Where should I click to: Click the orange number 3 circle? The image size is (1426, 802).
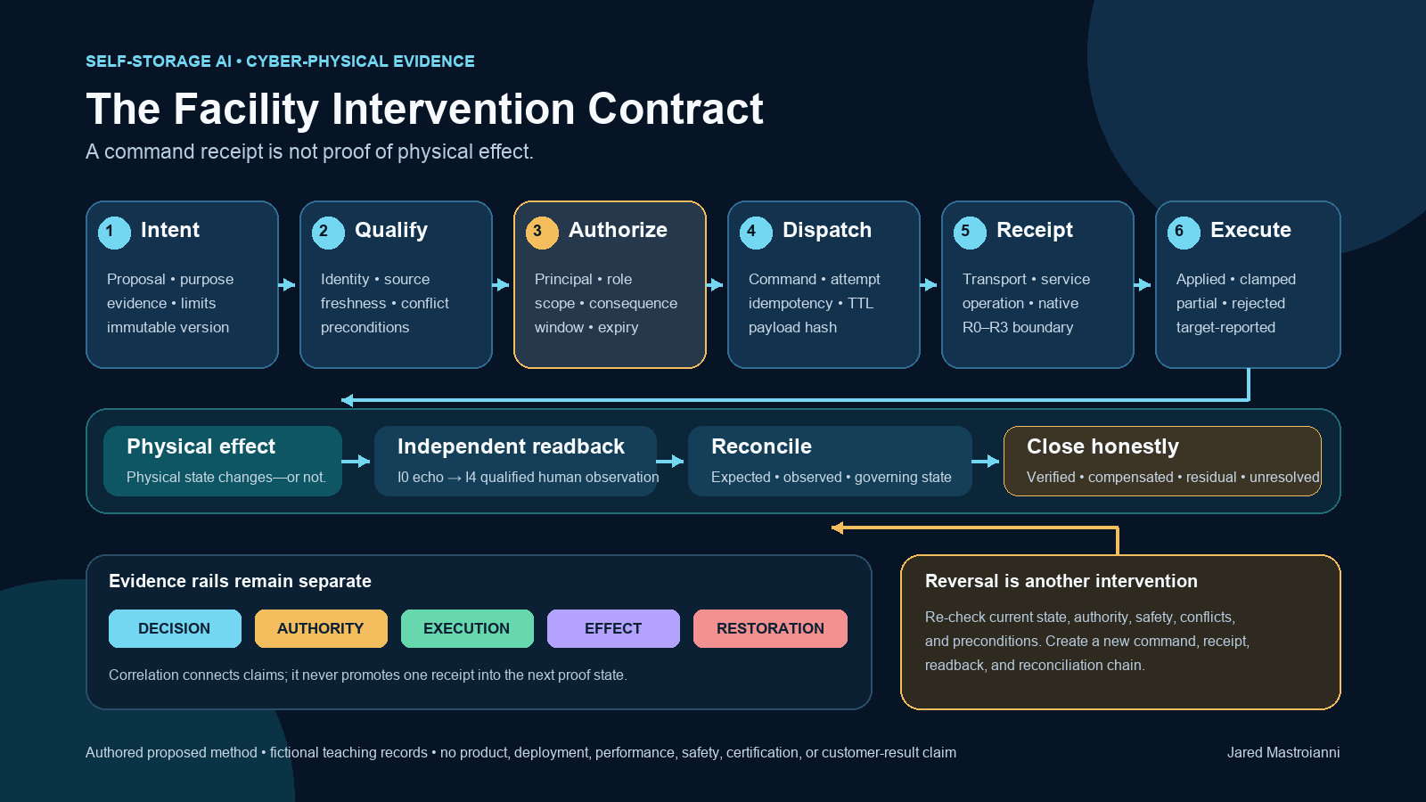(542, 232)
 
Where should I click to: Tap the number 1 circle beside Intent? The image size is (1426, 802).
(114, 232)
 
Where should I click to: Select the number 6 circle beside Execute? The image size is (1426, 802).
(1184, 232)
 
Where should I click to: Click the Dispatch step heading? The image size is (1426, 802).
(826, 230)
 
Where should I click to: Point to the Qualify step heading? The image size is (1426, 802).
(391, 230)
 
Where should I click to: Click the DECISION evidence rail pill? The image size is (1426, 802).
(175, 628)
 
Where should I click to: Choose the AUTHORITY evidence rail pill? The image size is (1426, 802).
(321, 628)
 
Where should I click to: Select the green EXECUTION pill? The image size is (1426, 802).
(467, 628)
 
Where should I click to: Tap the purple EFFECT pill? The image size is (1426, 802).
(613, 628)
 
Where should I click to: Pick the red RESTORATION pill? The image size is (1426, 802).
(770, 628)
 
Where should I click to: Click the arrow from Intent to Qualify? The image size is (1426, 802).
(287, 284)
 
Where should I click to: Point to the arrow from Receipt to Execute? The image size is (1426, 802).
(1143, 284)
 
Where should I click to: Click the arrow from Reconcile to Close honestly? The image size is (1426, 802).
(986, 461)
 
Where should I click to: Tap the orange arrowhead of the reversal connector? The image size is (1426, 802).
(837, 528)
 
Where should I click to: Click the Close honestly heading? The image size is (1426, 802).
(1102, 446)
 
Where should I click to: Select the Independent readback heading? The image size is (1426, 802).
(511, 446)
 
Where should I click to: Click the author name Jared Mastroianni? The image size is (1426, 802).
(1283, 752)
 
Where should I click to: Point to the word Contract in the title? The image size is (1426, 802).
(675, 109)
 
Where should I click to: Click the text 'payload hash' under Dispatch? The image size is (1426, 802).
(792, 327)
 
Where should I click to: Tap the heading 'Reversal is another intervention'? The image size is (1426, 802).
(1061, 581)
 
